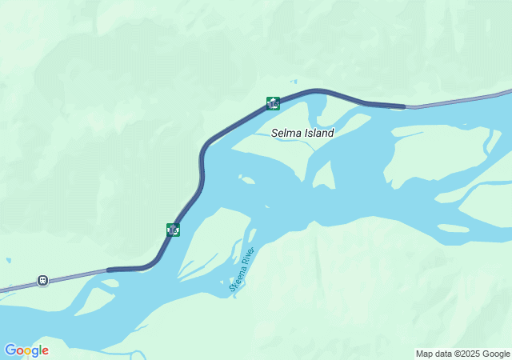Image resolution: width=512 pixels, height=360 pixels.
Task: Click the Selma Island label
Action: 302,134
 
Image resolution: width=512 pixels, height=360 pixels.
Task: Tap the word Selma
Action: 286,134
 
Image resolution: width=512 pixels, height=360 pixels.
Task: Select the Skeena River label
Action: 242,272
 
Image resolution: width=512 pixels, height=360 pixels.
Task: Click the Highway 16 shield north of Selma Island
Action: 274,103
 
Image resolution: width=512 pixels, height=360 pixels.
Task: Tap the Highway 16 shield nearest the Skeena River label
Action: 174,230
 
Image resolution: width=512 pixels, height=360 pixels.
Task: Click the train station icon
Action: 42,280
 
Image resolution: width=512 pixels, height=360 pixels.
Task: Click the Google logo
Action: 26,350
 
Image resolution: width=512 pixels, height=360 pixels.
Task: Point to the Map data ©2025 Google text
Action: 462,354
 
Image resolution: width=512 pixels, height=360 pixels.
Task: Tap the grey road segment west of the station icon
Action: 16,286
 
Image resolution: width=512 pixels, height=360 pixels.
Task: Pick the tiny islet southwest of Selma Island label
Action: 247,180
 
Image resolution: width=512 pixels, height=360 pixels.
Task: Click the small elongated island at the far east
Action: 453,228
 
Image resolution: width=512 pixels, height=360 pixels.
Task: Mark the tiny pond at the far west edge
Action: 8,260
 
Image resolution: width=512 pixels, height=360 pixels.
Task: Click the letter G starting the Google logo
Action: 10,350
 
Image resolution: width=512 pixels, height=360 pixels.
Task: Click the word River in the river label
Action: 248,258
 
